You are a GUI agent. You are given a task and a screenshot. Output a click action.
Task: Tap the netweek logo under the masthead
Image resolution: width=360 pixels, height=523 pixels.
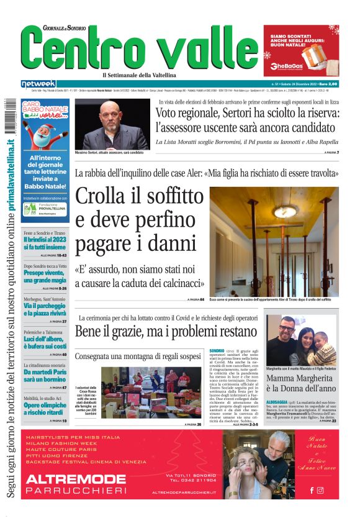(38, 84)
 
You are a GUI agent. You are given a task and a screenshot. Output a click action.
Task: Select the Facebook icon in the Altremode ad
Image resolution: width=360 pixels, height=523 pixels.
(312, 490)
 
